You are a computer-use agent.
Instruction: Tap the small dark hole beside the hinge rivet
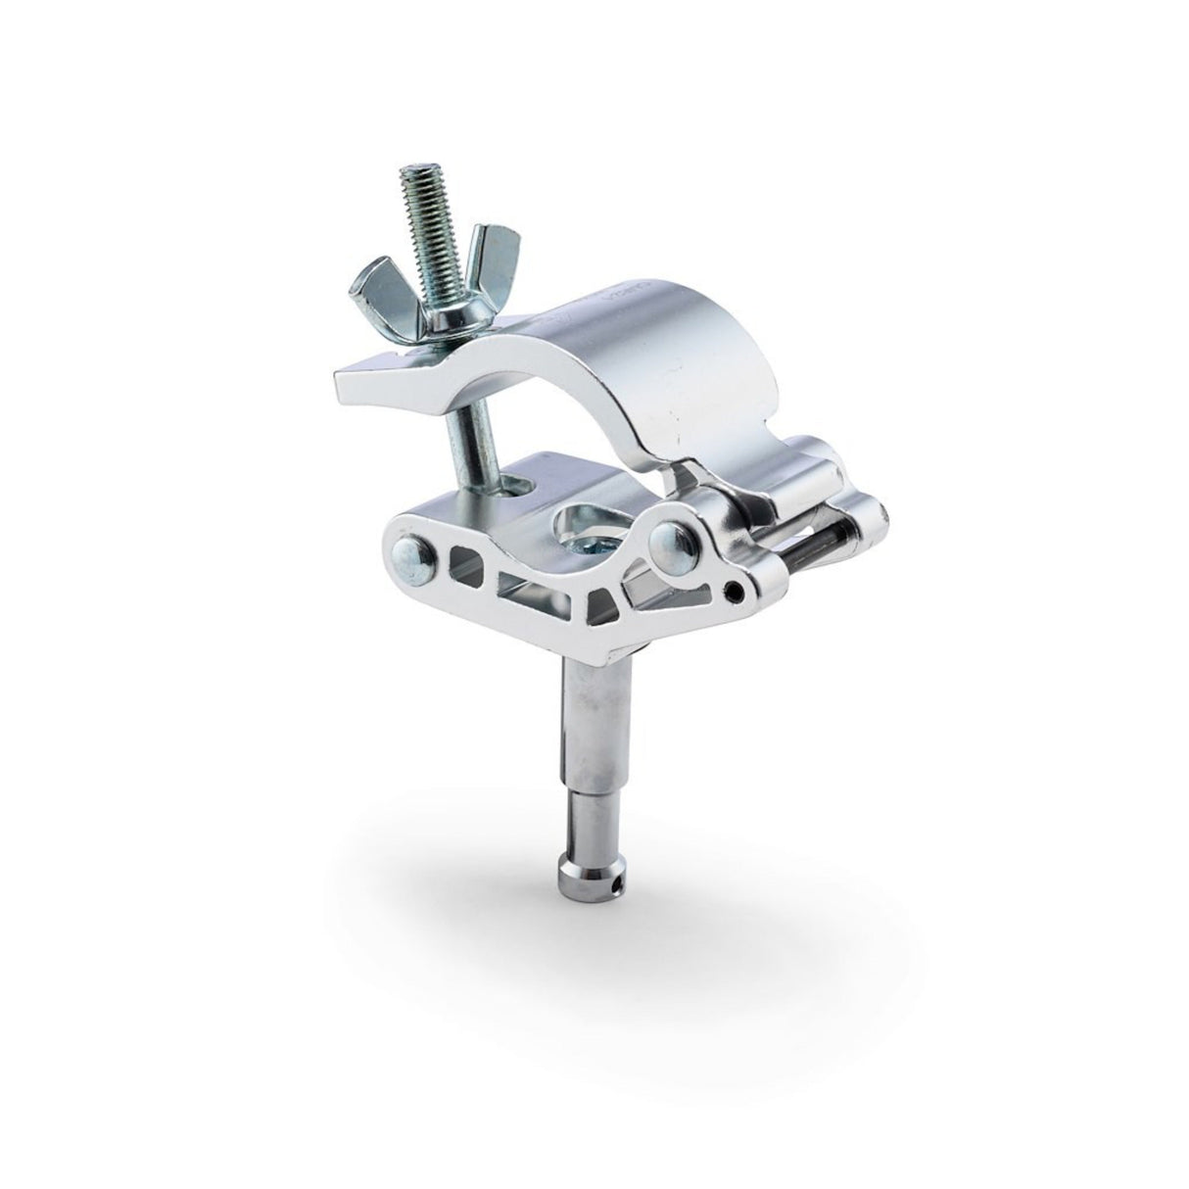(x=732, y=592)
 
